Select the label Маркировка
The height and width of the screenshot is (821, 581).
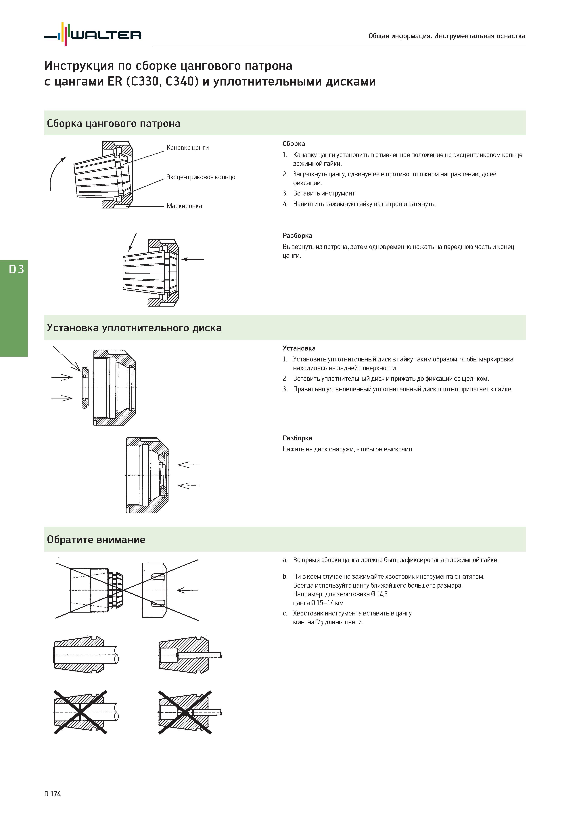[184, 206]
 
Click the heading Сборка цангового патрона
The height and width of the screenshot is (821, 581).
[114, 124]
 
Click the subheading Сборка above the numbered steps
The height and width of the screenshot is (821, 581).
[294, 144]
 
